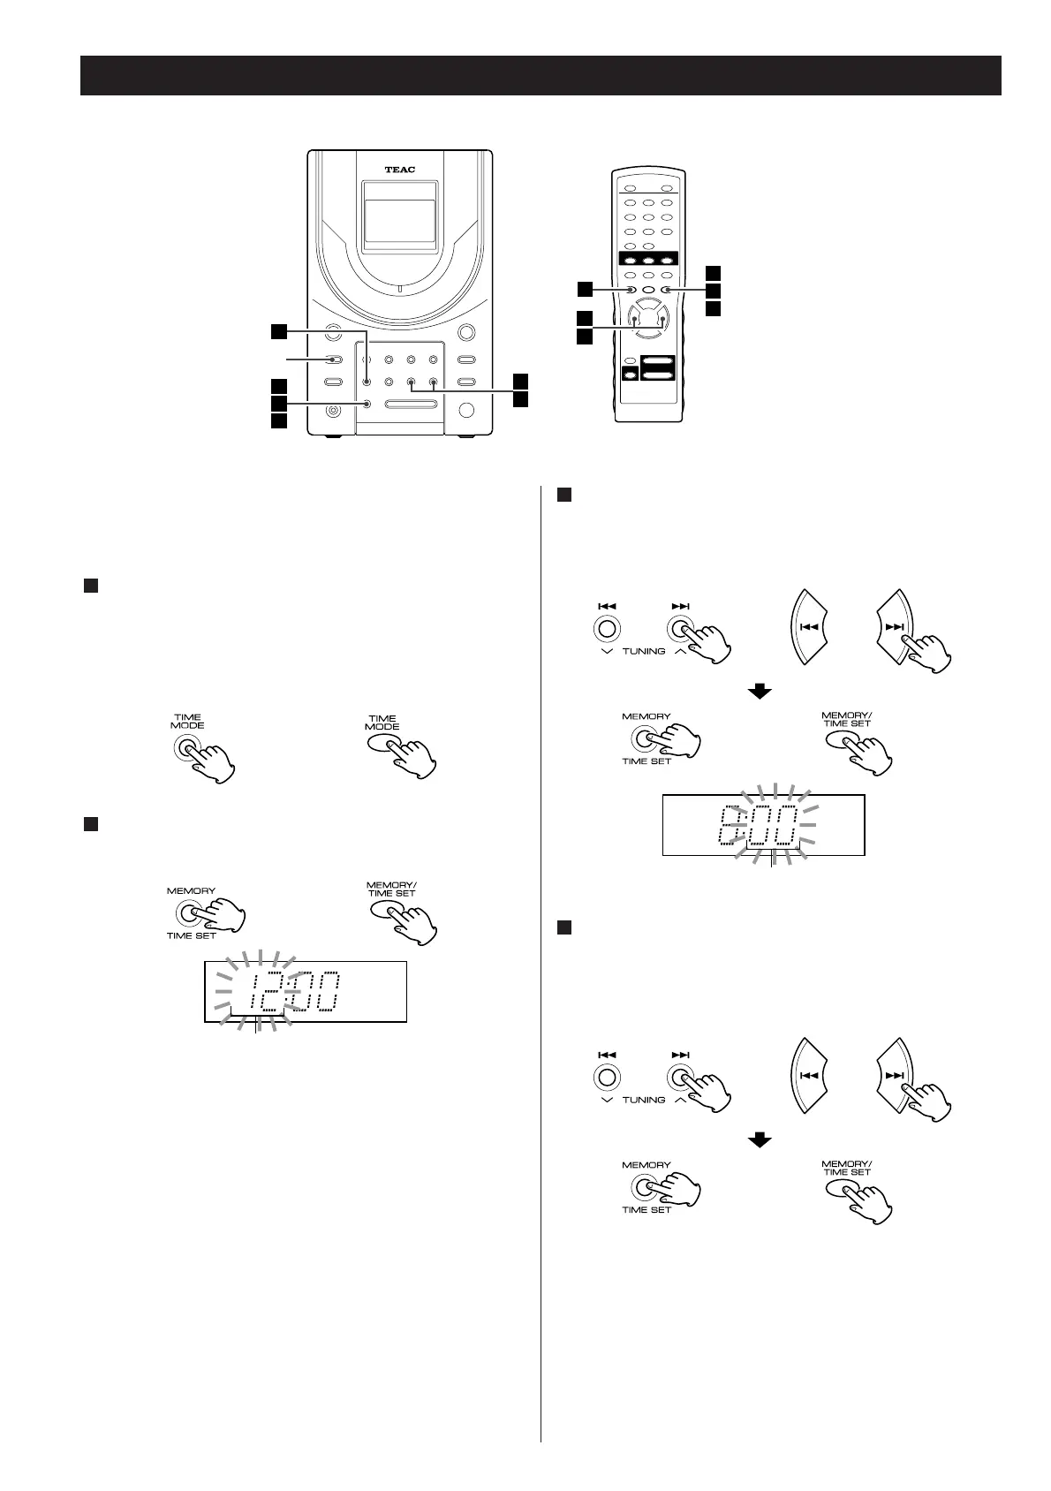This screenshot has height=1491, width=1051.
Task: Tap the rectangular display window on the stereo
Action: point(399,221)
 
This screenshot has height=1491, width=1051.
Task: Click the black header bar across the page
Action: point(541,76)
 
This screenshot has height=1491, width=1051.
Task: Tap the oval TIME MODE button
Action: point(383,746)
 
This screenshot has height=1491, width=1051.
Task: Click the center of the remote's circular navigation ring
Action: point(647,322)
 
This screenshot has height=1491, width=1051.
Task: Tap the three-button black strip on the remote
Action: point(647,260)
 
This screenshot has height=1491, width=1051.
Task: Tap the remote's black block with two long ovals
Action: point(656,368)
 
